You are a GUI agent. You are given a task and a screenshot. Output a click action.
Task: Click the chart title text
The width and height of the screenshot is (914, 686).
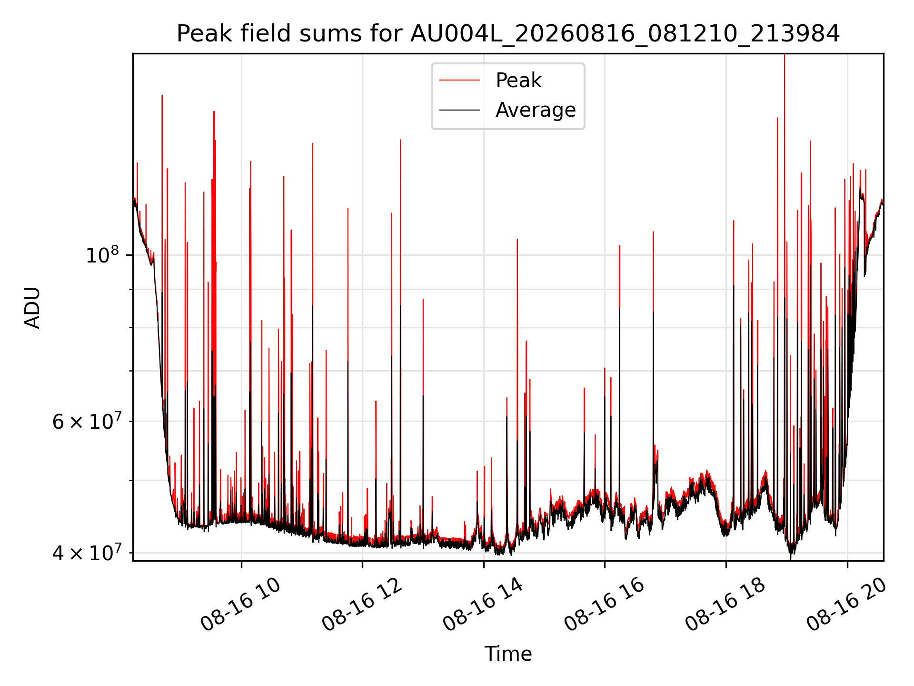pos(508,34)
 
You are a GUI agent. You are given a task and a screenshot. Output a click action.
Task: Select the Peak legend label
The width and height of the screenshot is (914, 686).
pos(518,81)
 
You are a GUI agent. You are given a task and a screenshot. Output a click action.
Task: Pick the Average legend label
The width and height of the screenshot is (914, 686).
pos(536,110)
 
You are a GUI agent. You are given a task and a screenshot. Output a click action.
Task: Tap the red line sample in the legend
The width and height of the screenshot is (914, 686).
pos(459,81)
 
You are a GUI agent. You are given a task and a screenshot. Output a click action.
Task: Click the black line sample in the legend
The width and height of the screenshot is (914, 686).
pos(459,110)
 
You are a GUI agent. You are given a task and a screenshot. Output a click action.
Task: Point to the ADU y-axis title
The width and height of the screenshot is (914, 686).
pos(32,307)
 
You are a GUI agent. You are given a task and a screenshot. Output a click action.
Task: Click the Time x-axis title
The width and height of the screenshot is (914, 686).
pos(508,654)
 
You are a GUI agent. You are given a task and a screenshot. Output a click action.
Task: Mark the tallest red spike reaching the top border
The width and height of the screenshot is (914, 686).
pos(785,54)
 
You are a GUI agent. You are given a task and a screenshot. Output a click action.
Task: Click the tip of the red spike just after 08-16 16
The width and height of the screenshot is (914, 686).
pos(619,246)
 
